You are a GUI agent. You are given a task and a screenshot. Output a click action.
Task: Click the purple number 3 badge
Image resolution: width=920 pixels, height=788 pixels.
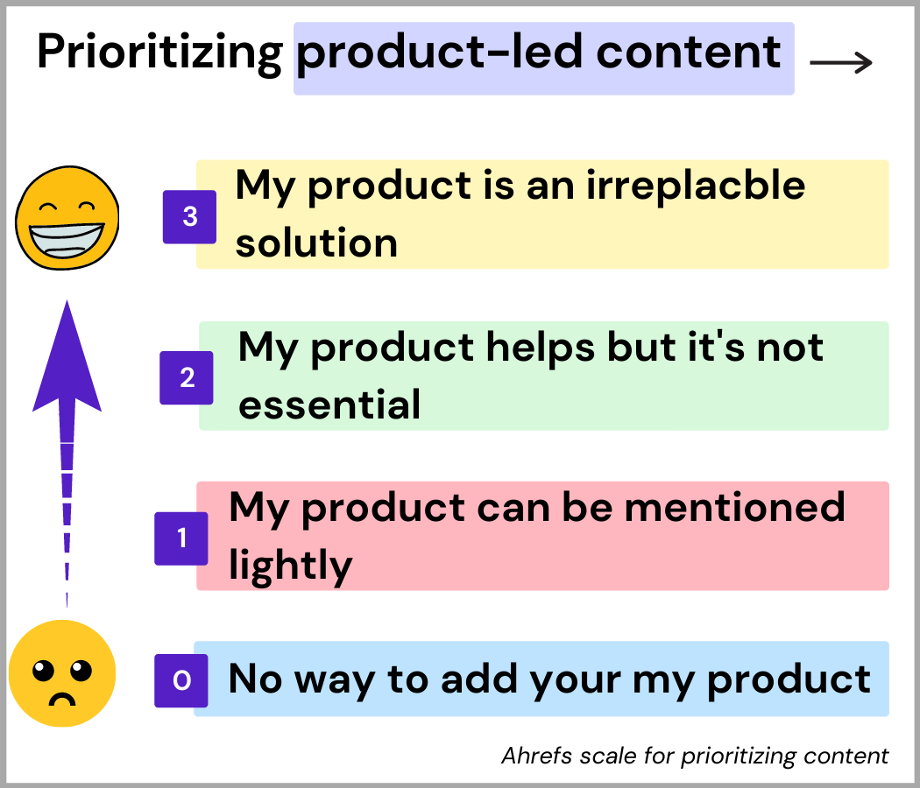click(189, 217)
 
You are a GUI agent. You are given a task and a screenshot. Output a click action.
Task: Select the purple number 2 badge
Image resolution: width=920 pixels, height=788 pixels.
click(187, 377)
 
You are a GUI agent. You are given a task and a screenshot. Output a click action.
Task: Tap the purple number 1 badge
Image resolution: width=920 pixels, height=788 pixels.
click(181, 538)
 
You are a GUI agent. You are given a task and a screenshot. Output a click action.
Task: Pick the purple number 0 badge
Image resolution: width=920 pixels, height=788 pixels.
click(181, 680)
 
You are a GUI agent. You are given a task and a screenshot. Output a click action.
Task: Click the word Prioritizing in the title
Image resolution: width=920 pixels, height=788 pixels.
click(159, 53)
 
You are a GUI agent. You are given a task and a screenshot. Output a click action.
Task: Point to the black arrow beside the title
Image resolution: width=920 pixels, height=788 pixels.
click(841, 62)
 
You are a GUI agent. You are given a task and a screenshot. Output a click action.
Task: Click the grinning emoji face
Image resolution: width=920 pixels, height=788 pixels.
click(67, 218)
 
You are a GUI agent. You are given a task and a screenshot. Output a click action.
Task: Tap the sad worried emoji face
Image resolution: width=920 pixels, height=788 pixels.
click(62, 673)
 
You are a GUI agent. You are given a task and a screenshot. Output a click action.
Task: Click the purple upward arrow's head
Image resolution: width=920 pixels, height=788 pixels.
click(67, 357)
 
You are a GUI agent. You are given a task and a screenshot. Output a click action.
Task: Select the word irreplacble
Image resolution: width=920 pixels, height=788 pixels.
click(696, 186)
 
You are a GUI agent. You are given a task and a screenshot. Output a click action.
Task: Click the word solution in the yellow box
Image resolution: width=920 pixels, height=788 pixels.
click(316, 243)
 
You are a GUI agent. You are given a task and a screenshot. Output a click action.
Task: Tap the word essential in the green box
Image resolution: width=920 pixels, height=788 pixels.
click(329, 404)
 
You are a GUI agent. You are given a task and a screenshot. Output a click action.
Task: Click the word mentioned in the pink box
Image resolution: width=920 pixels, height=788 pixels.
click(734, 507)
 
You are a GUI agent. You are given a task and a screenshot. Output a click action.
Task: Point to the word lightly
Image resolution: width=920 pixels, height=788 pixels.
click(290, 566)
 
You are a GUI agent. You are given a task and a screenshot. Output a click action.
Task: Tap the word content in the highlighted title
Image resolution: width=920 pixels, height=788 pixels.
click(688, 53)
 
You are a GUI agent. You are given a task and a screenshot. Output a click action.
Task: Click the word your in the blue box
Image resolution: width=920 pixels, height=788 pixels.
click(575, 681)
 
